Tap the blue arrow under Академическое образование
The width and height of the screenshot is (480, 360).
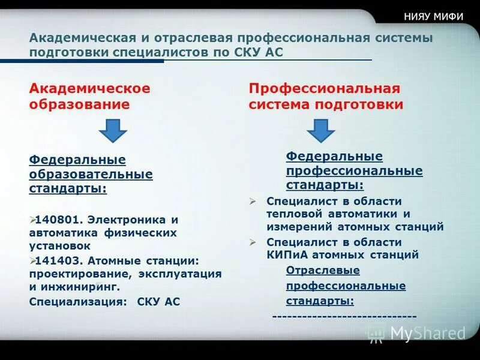click(x=112, y=130)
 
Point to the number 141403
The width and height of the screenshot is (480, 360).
click(x=58, y=261)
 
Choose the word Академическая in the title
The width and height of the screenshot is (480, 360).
click(x=77, y=38)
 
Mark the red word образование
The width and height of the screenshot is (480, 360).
click(x=79, y=104)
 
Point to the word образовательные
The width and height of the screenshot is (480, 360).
click(x=91, y=175)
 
